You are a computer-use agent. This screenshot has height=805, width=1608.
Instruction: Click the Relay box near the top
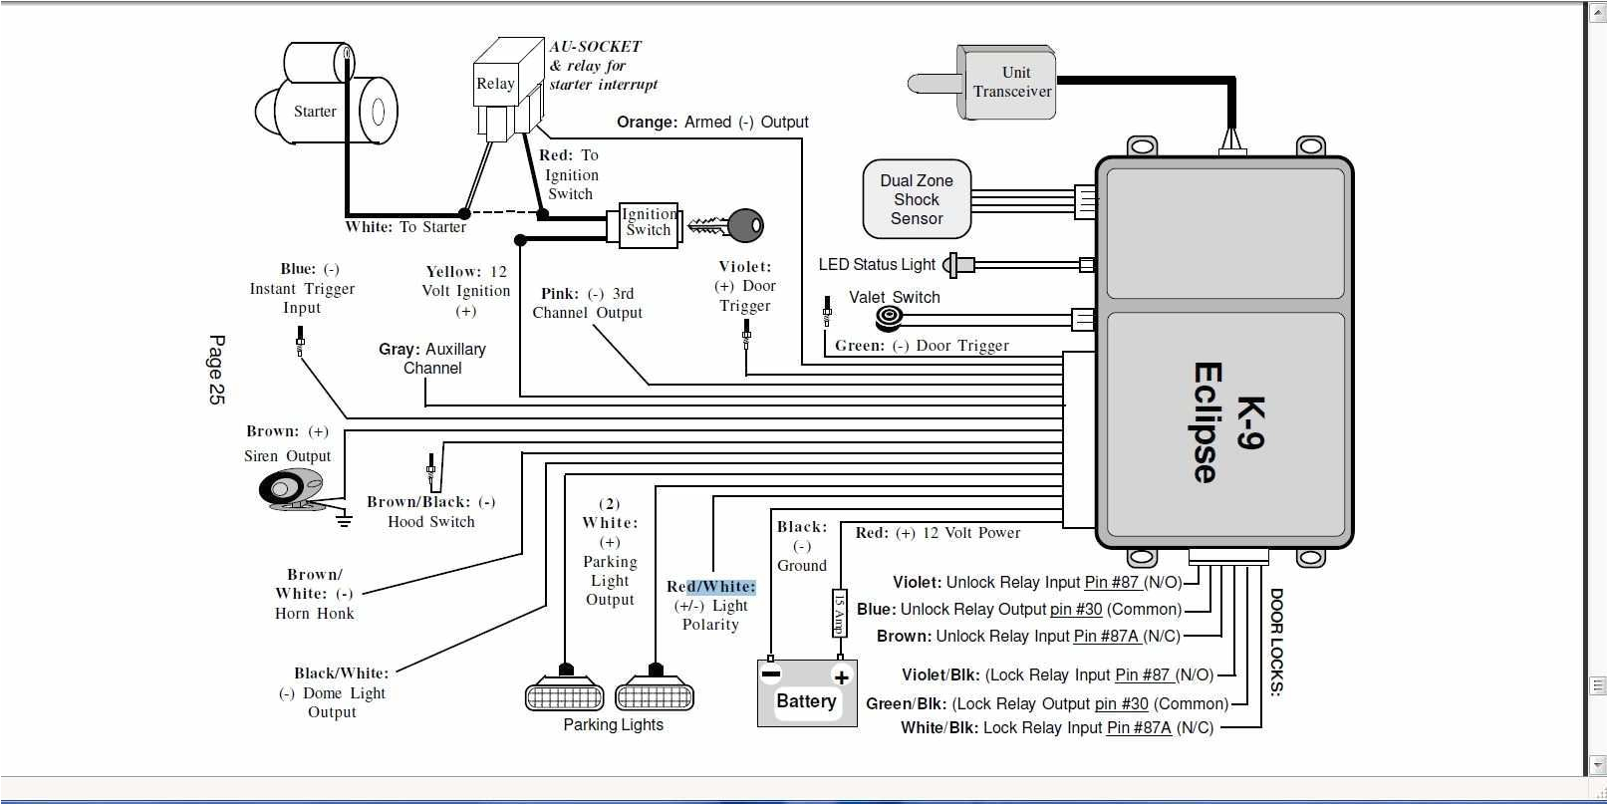495,85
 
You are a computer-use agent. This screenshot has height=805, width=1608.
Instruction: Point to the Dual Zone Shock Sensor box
917,199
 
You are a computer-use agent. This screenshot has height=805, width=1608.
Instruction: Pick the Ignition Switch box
648,223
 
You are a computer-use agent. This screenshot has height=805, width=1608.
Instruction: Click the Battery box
807,693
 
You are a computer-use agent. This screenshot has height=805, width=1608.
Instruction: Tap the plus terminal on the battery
842,677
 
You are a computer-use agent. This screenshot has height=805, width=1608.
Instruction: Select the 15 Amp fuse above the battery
839,612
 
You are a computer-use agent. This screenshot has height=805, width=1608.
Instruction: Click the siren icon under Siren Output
290,489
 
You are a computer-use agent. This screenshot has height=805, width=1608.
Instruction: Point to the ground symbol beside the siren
344,518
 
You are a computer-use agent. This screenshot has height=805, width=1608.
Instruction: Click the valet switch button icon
888,318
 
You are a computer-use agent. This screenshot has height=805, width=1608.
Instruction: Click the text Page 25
216,370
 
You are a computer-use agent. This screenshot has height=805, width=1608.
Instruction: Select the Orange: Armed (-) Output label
711,122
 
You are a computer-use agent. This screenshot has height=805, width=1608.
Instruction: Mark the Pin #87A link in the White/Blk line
1139,728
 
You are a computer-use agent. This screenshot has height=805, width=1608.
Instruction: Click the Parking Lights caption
613,725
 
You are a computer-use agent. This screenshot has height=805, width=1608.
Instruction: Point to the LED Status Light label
877,264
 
